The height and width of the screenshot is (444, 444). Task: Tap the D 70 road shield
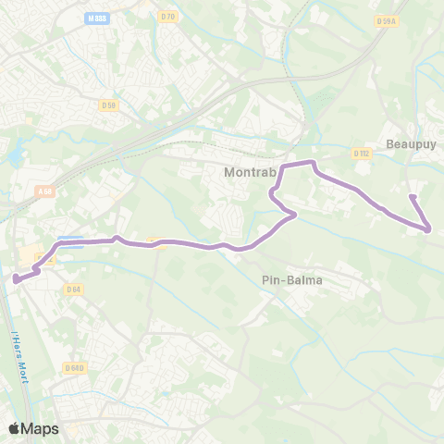point(167,16)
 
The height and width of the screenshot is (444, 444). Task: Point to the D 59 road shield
point(109,105)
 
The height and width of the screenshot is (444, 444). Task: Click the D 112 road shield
point(362,154)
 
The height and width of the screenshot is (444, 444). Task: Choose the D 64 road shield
point(74,290)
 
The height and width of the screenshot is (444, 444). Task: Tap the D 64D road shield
point(76,368)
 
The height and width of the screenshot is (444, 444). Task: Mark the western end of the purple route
point(15,277)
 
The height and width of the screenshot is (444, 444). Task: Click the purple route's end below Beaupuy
point(412,197)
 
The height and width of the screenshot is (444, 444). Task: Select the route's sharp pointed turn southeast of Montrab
point(295,216)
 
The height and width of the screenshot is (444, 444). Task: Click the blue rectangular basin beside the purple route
point(72,244)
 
